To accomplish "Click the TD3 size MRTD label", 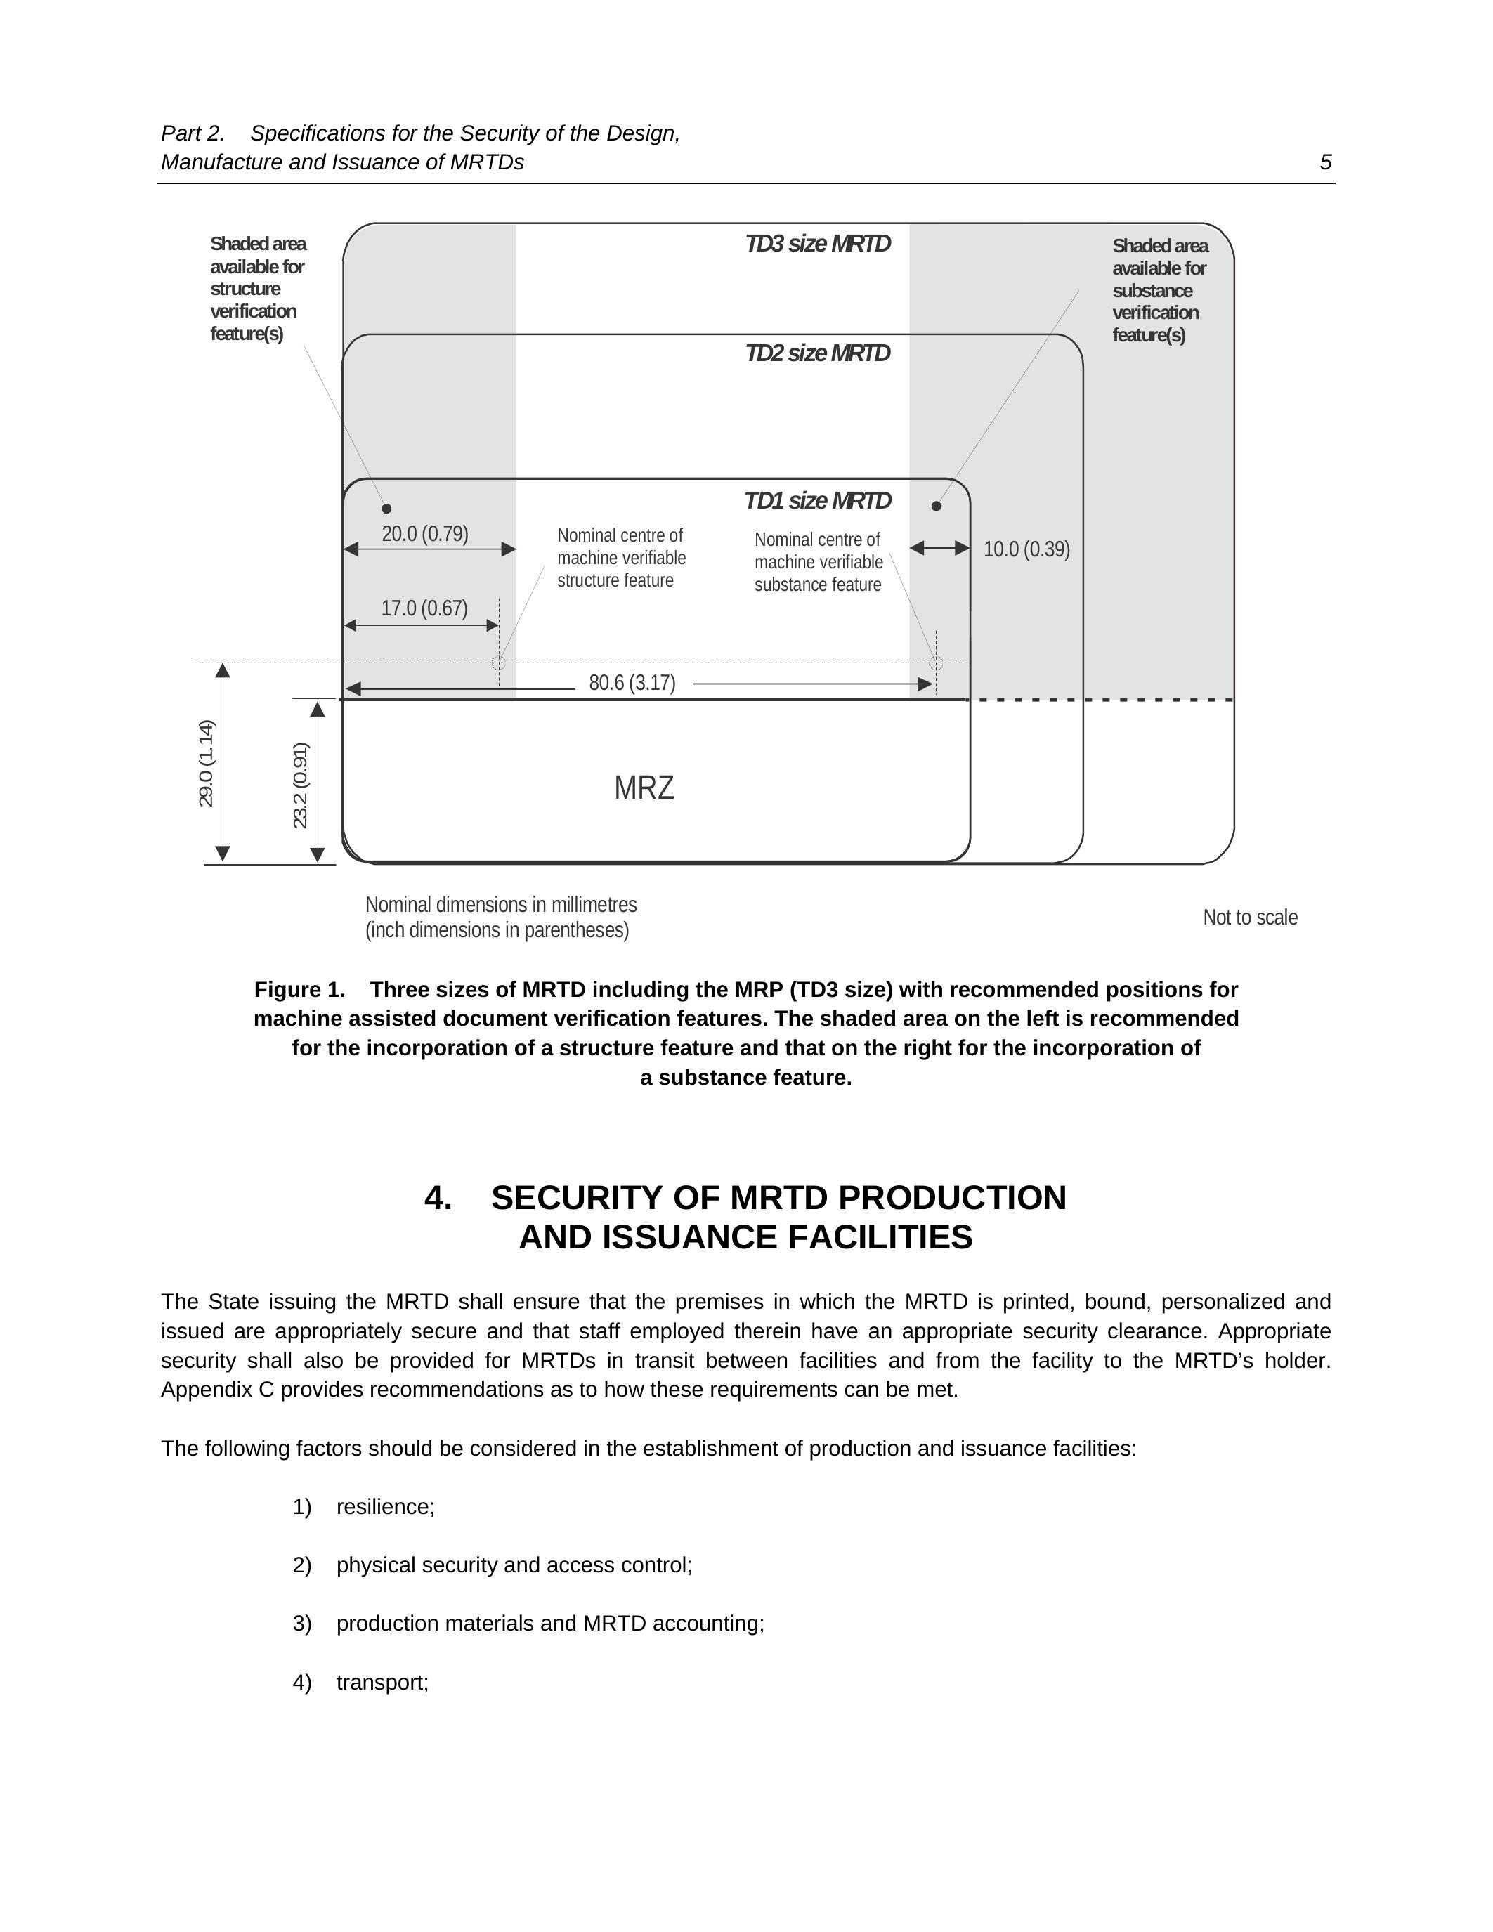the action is tap(817, 244).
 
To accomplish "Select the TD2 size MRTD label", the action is tap(817, 354).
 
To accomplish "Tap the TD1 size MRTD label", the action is tap(817, 501).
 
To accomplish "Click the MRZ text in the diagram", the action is tap(644, 788).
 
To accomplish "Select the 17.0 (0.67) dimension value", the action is tap(424, 608).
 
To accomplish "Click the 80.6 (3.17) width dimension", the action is tap(632, 683).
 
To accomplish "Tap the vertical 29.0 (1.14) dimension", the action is tap(206, 762).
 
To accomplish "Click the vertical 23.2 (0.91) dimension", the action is tap(301, 785).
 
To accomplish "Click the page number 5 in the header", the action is tap(1325, 162).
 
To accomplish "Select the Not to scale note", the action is tap(1250, 918).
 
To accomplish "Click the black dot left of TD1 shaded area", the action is tap(386, 509).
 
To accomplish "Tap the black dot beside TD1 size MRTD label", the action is tap(937, 506).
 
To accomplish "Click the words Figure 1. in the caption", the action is tap(299, 989).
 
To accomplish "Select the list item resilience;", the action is tap(386, 1506).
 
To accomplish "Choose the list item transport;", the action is tap(382, 1682).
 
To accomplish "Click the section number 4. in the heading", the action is tap(438, 1198).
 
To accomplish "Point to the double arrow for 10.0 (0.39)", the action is tap(939, 549).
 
